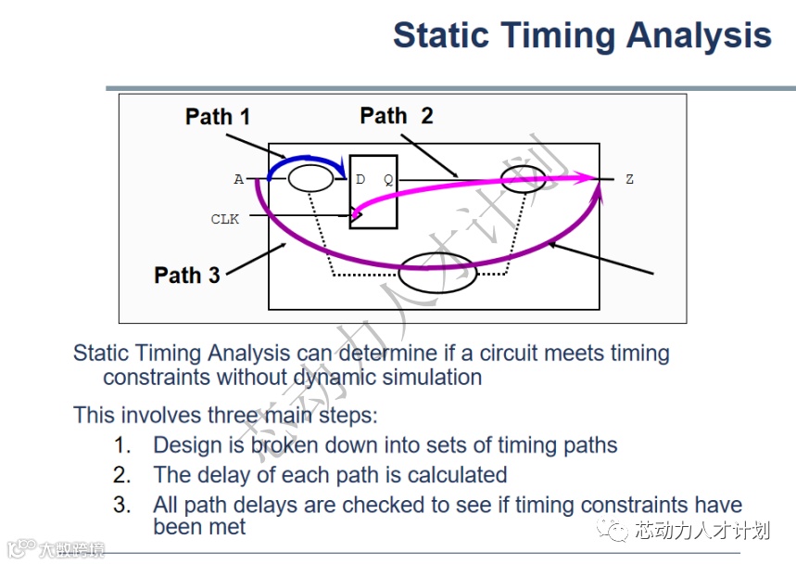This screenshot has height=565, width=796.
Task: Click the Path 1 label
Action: pos(218,116)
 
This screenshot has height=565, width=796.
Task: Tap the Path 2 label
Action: pos(397,115)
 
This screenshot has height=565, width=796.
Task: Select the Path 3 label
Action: pos(187,275)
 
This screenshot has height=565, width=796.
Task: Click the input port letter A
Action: pos(238,179)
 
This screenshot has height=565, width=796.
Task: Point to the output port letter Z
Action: pos(629,179)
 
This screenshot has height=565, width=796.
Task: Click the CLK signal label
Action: pos(225,219)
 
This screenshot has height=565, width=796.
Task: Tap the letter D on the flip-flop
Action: pos(360,179)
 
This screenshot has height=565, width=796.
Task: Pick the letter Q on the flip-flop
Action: pos(388,179)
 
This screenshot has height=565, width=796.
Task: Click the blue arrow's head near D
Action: pos(343,170)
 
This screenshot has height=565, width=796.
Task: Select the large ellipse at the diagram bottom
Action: pos(437,273)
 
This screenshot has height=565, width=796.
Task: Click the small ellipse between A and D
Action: pos(310,178)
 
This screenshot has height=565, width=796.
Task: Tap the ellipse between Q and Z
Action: pos(524,179)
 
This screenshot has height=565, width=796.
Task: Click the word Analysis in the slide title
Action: pos(699,35)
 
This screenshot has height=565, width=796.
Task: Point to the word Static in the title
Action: pos(441,34)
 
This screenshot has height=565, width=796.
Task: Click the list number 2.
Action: pos(121,475)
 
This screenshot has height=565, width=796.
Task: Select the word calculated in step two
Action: pos(458,475)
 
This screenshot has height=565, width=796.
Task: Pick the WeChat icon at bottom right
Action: pos(613,530)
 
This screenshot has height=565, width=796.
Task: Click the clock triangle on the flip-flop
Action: pos(357,215)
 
